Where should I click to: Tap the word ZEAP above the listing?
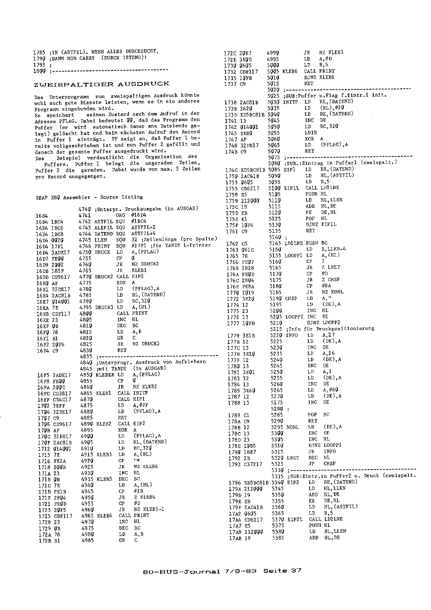[x=42, y=198]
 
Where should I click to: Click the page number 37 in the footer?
[x=296, y=571]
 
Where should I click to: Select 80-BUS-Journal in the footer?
[x=181, y=571]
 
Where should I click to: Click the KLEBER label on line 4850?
[x=105, y=375]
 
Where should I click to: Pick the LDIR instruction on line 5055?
[x=311, y=133]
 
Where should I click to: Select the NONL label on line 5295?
[x=292, y=427]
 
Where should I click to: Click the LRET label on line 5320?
[x=293, y=458]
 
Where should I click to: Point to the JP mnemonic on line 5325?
[x=311, y=464]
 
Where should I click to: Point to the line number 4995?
[x=273, y=59]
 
